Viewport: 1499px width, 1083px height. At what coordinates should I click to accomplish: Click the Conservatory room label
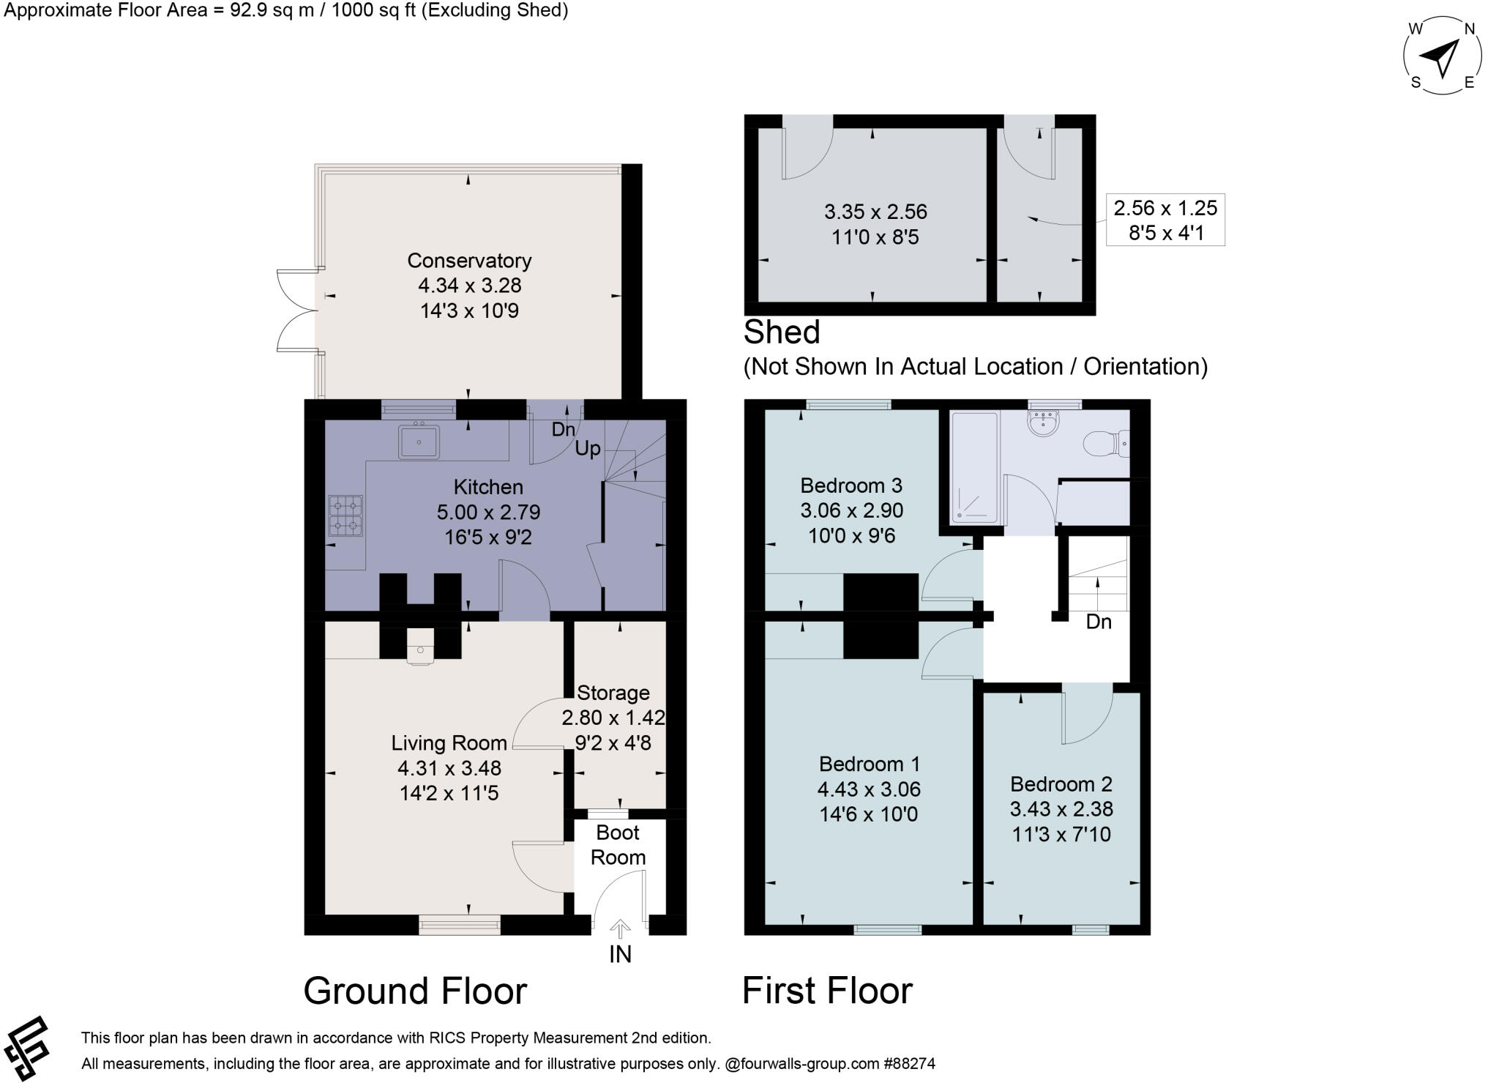[x=469, y=261]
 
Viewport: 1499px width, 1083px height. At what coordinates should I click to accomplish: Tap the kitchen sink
[x=419, y=442]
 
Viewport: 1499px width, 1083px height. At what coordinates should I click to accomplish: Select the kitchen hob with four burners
[x=346, y=516]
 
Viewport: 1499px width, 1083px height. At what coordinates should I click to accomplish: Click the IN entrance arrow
[x=620, y=929]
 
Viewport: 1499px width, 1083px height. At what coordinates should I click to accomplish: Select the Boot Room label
[x=618, y=845]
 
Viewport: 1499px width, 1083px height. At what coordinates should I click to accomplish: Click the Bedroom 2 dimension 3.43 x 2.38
[x=1061, y=809]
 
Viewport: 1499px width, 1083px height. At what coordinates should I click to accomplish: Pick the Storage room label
[x=613, y=693]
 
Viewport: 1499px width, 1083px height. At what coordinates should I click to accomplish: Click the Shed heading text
[x=782, y=332]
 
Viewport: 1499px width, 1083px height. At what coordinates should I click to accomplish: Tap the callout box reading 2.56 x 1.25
[x=1165, y=220]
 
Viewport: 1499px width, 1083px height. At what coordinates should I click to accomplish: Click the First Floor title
[x=827, y=991]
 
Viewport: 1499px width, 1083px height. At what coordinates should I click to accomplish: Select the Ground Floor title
[x=415, y=991]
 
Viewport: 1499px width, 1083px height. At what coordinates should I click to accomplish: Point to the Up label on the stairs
[x=588, y=449]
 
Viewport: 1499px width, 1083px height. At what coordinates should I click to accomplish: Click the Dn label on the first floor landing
[x=1099, y=622]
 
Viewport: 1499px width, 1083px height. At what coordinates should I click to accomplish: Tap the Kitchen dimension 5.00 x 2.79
[x=488, y=512]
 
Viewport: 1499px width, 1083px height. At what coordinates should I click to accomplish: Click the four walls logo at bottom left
[x=26, y=1049]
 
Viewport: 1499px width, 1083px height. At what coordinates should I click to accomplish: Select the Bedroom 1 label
[x=870, y=764]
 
